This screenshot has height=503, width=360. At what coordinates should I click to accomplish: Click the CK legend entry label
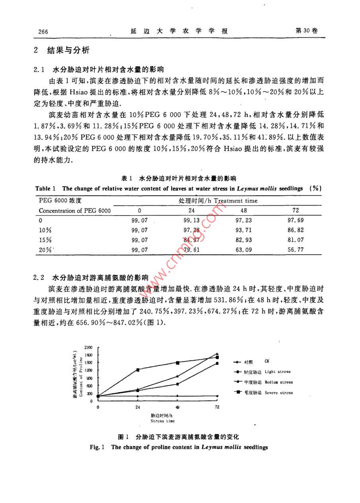click(x=266, y=362)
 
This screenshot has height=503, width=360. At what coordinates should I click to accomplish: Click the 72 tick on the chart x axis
click(x=217, y=407)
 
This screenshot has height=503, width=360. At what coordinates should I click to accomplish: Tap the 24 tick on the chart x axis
click(x=138, y=407)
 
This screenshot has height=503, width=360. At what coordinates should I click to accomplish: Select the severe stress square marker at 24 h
click(x=138, y=370)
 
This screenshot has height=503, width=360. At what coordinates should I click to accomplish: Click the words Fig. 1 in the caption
click(x=97, y=447)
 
